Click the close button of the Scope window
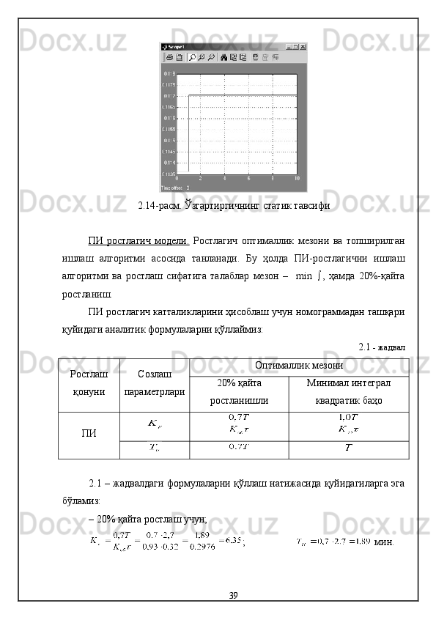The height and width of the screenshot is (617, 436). (x=302, y=46)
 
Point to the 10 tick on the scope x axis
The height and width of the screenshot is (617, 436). (x=296, y=178)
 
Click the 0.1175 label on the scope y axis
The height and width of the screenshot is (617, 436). (x=169, y=85)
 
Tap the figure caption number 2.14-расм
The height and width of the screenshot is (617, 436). (x=161, y=206)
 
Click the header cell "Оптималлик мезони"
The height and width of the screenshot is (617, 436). (x=298, y=365)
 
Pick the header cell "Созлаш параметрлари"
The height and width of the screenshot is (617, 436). (x=155, y=384)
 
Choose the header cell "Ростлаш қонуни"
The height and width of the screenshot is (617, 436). (x=89, y=384)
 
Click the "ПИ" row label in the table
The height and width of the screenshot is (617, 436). (x=89, y=434)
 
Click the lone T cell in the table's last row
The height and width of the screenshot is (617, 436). (x=349, y=448)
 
